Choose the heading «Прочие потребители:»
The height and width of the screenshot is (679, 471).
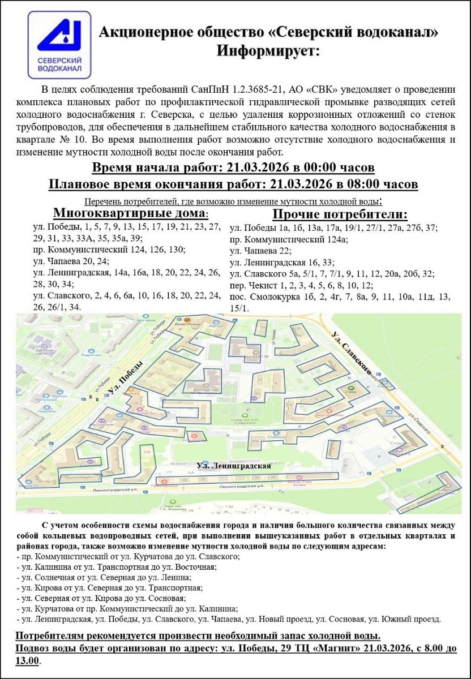tap(340, 214)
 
